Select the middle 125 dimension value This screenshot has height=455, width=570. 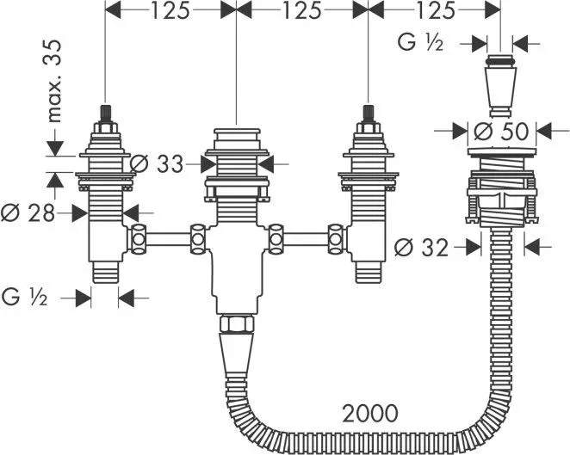(301, 12)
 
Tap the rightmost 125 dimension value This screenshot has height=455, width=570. (434, 12)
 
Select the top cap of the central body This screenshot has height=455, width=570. (235, 138)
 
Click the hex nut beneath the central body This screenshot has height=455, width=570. (235, 324)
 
